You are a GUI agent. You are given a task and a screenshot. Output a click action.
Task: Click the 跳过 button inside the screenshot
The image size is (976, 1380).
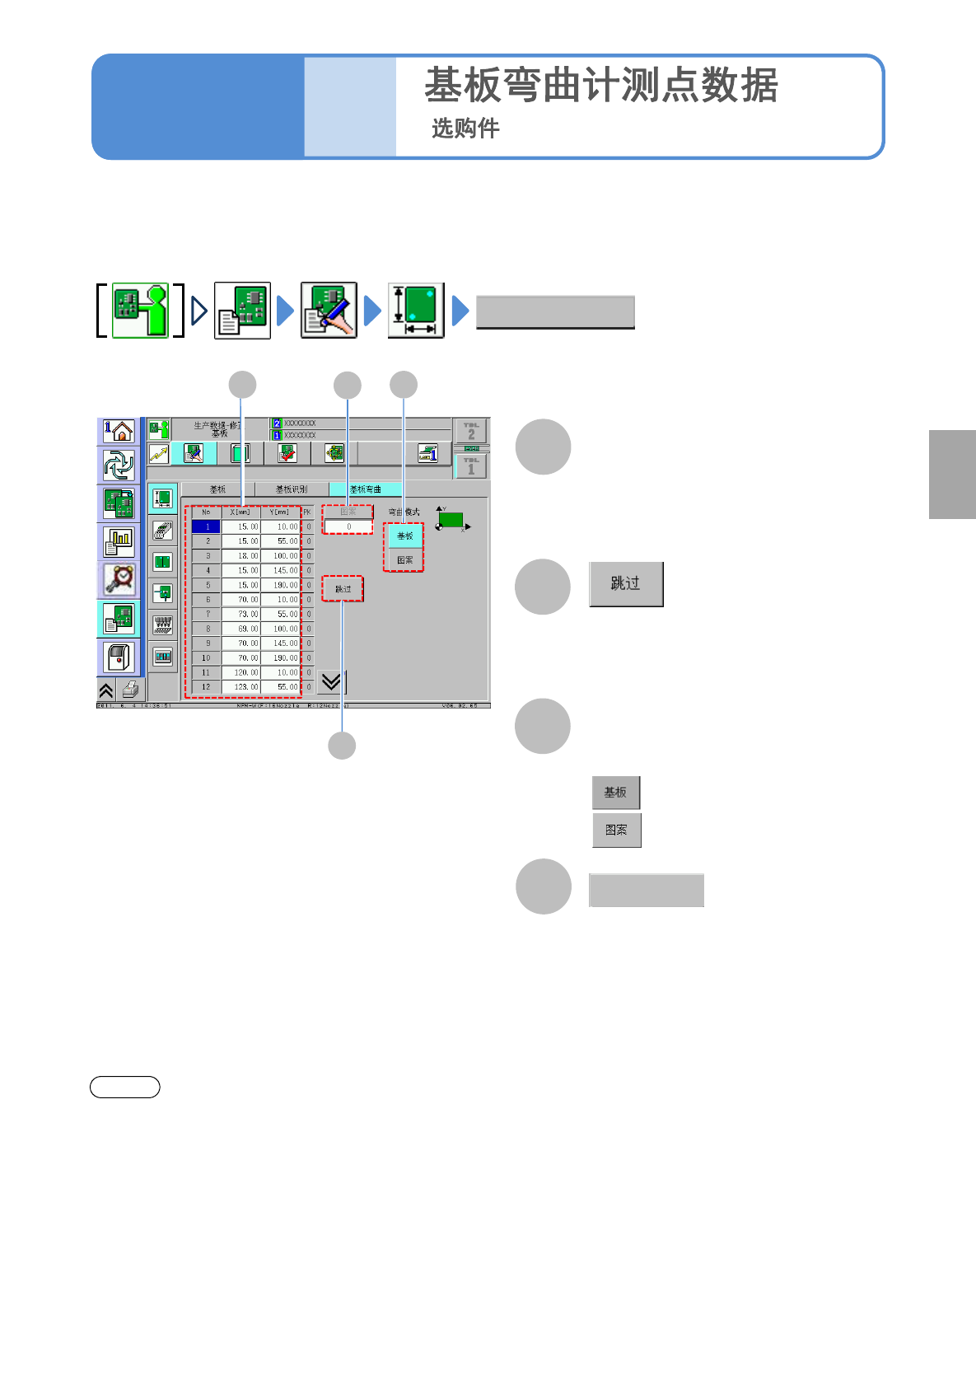[x=343, y=589]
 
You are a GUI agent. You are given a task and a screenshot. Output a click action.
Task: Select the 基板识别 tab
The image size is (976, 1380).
[x=292, y=489]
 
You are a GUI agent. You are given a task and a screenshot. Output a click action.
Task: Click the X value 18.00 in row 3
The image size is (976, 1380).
[x=242, y=556]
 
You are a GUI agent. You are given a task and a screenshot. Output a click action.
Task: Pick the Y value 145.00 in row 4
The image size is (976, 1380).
[x=280, y=570]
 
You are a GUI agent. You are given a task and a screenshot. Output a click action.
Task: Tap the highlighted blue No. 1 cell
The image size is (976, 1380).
[x=207, y=526]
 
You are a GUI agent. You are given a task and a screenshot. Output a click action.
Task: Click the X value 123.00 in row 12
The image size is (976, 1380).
[x=242, y=686]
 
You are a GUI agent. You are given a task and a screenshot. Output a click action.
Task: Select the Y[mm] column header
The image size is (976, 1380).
[x=280, y=512]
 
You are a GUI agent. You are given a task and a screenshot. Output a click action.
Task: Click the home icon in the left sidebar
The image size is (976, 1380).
[x=119, y=430]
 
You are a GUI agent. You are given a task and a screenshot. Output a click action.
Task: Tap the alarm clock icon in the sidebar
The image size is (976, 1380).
[x=119, y=579]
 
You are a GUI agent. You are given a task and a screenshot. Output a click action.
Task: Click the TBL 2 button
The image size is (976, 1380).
[x=471, y=431]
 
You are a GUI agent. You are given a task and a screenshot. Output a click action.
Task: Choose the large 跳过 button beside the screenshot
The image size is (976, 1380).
[x=626, y=584]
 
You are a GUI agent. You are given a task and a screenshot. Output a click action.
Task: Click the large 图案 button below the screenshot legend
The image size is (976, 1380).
[x=616, y=830]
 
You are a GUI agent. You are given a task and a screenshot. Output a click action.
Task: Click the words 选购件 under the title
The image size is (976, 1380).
[x=465, y=129]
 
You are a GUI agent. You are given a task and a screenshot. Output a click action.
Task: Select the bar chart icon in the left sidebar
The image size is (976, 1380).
[x=119, y=541]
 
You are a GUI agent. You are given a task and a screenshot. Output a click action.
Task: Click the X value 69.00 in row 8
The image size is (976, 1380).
[x=242, y=629]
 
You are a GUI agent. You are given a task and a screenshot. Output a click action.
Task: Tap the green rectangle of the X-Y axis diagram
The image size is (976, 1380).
[x=451, y=520]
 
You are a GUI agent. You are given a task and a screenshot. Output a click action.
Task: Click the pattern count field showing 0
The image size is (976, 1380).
[x=348, y=526]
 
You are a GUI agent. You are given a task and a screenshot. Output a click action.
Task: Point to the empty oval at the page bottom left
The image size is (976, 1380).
[x=125, y=1088]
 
